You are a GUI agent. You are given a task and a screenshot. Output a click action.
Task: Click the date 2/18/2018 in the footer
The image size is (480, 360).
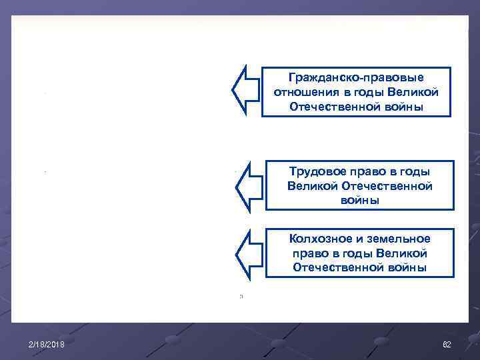[47, 344]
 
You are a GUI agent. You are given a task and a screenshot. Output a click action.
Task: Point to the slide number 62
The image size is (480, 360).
[447, 344]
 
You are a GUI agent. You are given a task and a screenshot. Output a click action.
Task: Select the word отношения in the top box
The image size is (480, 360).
[299, 92]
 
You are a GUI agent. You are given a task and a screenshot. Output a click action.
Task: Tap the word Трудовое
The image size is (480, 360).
[315, 172]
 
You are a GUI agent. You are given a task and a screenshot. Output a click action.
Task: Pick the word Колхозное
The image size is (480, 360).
[316, 239]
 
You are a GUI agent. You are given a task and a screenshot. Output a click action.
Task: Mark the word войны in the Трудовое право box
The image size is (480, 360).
[359, 200]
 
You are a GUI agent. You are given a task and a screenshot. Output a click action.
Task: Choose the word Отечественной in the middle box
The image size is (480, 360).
[393, 186]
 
